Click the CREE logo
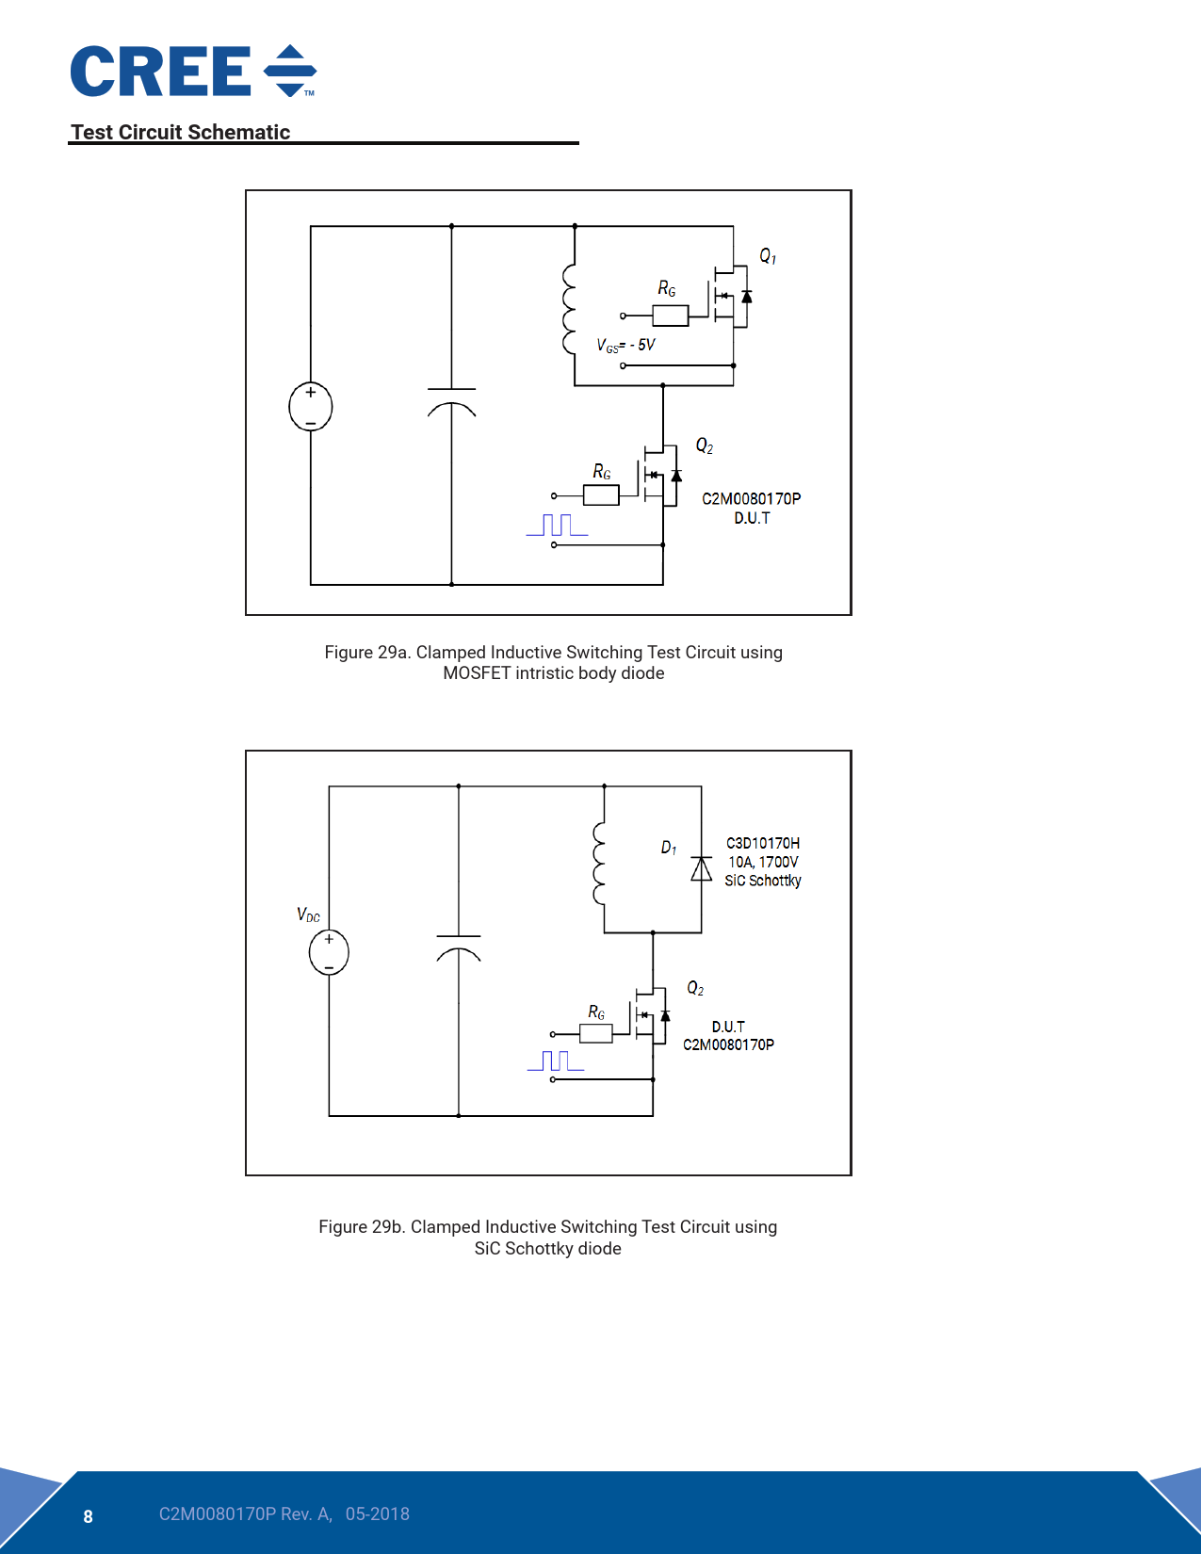193,72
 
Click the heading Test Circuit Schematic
180,132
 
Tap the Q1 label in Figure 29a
768,256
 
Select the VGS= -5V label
625,346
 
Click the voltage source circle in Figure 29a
310,407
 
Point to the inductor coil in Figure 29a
569,308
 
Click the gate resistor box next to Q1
670,316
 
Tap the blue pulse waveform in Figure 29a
557,526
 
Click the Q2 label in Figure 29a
704,445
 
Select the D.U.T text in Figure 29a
752,518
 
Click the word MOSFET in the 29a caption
477,673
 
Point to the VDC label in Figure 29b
308,915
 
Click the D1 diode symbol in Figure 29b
701,868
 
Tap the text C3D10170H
763,843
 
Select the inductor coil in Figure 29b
599,863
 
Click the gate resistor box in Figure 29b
595,1034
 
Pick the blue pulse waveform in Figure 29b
556,1061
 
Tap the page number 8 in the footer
89,1516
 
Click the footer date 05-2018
377,1514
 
